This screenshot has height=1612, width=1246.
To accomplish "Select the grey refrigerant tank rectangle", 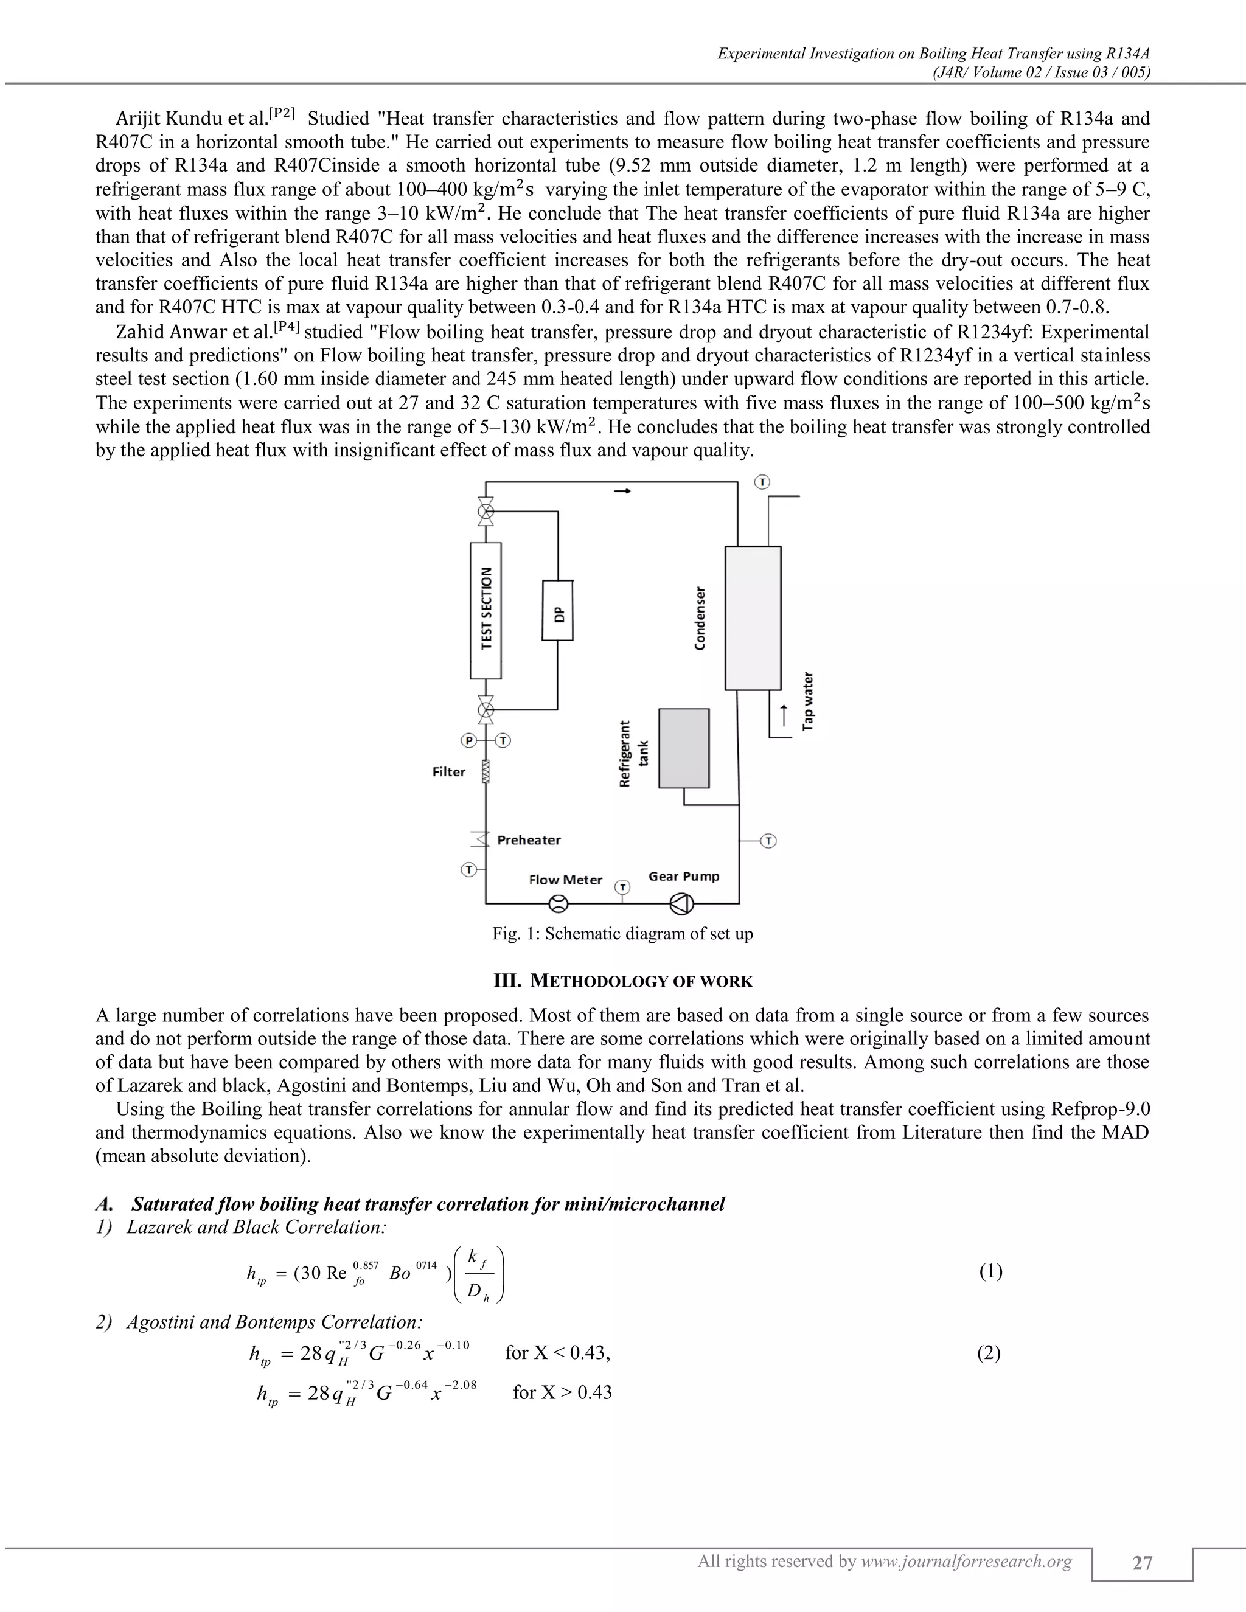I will (x=683, y=748).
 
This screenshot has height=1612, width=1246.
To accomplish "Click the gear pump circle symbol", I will (x=681, y=903).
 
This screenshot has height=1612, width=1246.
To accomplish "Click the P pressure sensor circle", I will (x=468, y=740).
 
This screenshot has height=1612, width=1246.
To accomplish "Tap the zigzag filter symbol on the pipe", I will (x=486, y=771).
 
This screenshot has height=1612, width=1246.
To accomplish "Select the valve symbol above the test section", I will (x=486, y=511).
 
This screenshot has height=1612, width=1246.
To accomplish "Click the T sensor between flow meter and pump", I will (x=623, y=886).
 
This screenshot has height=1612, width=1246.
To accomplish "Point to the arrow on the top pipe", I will (x=623, y=491).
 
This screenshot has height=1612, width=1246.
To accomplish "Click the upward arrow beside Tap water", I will (x=784, y=714).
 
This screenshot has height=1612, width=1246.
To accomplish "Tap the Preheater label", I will (x=529, y=840).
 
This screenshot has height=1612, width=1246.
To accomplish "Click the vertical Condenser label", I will (x=700, y=619).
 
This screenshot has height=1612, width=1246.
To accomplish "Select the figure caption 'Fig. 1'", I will (x=622, y=934).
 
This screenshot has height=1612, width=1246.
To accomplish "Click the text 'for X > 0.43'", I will (x=563, y=1393).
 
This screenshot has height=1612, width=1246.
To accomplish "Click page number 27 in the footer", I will (x=1142, y=1563).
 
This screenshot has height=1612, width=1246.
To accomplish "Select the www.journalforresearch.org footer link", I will (x=966, y=1561).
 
